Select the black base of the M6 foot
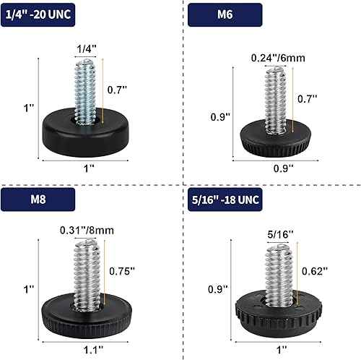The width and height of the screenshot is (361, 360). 273,138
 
